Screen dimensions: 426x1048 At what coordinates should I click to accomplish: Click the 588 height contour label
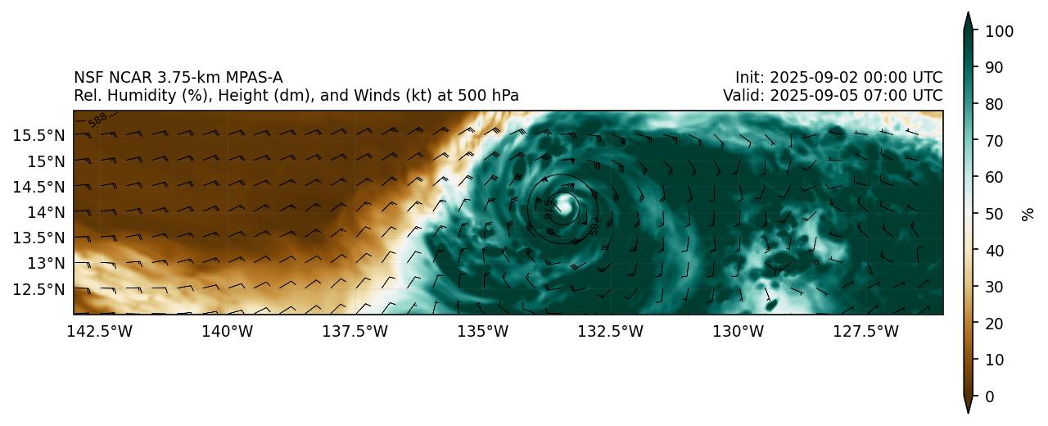(x=98, y=119)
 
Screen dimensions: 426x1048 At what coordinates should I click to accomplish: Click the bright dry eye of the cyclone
(x=564, y=207)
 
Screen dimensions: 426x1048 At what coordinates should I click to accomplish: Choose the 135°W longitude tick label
(x=484, y=331)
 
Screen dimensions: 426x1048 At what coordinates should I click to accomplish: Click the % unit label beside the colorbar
(x=1028, y=214)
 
